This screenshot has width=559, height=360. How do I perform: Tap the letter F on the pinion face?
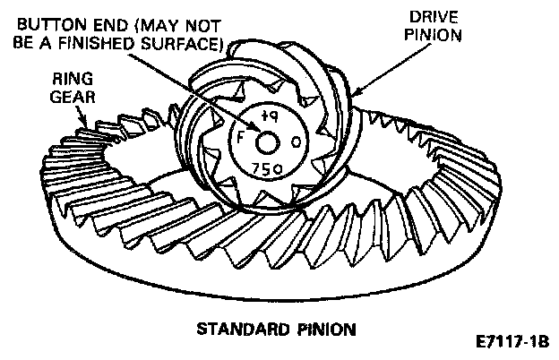241,141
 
